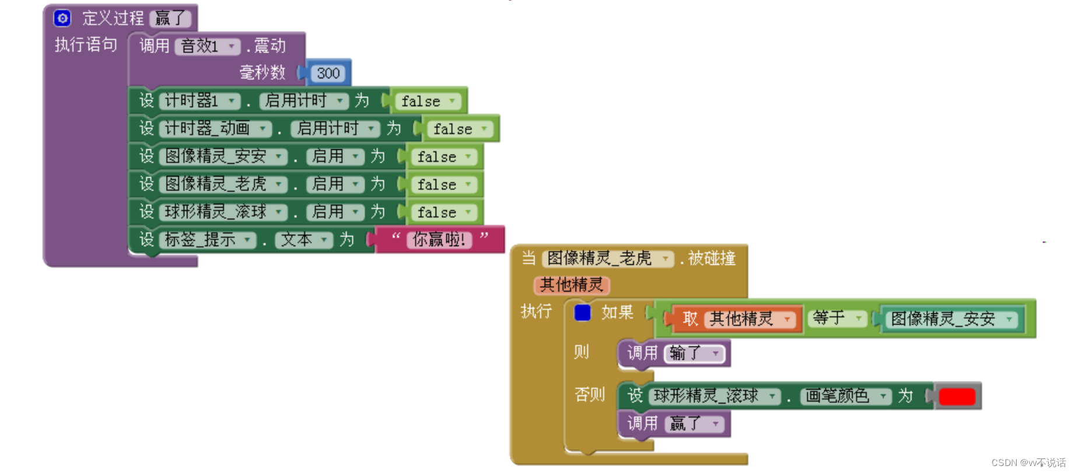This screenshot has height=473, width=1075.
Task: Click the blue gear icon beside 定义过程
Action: coord(62,18)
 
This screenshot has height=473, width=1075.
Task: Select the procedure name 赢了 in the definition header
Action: coord(170,19)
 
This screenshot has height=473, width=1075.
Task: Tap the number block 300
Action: coord(328,73)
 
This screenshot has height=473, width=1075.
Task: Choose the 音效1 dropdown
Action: coord(208,46)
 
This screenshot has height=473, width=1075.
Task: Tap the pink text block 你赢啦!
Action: coord(439,240)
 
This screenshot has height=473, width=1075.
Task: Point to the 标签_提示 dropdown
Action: coord(208,240)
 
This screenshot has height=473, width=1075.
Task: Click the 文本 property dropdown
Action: coord(304,240)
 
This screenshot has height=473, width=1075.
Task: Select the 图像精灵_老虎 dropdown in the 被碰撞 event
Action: coord(607,258)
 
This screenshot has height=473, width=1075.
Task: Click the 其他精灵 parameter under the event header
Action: coord(571,285)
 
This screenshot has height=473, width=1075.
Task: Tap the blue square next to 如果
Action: coord(582,313)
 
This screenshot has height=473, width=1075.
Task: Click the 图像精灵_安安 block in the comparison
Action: coord(951,319)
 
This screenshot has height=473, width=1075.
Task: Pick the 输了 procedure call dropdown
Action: coord(694,353)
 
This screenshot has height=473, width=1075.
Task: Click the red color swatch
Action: coord(957,397)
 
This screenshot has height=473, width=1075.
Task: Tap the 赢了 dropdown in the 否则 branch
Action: coord(694,424)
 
